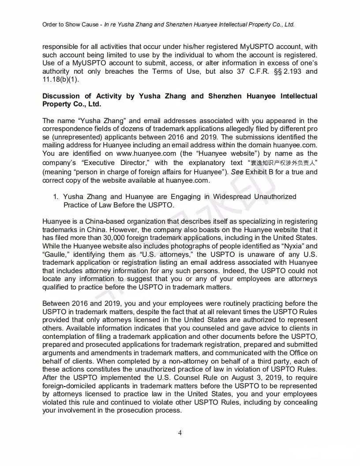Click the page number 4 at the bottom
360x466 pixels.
point(180,432)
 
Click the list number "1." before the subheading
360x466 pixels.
point(56,196)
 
